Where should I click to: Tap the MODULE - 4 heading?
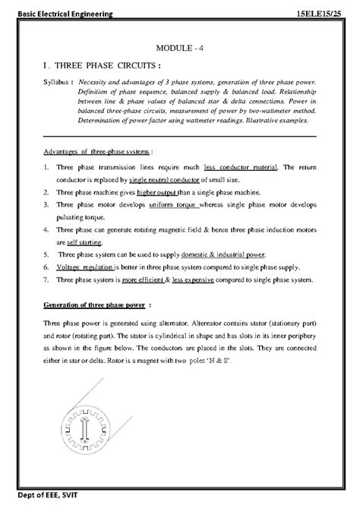click(x=179, y=49)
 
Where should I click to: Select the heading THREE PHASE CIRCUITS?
click(x=106, y=65)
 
